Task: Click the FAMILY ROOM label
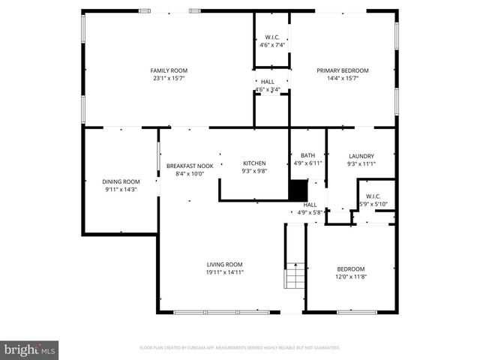[x=169, y=70]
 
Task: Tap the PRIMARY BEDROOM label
[x=347, y=70]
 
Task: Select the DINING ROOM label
[x=121, y=181]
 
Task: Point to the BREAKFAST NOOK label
[x=190, y=166]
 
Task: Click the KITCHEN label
[x=254, y=163]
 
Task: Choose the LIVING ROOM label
[x=225, y=264]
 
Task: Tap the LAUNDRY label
[x=361, y=156]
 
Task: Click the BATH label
[x=307, y=155]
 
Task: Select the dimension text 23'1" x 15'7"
[x=169, y=78]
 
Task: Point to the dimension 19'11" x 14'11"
[x=225, y=272]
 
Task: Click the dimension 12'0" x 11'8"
[x=350, y=277]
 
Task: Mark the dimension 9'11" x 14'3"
[x=121, y=189]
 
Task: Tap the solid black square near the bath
[x=298, y=189]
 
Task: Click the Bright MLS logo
[x=29, y=349]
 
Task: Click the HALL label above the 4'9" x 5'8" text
[x=310, y=204]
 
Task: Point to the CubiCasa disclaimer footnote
[x=240, y=348]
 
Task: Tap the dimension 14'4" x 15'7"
[x=347, y=78]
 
